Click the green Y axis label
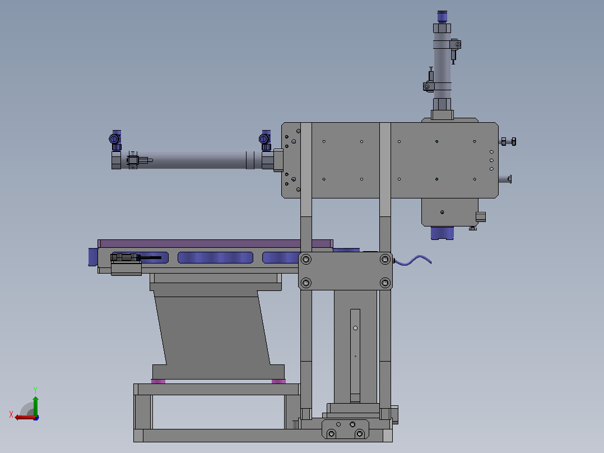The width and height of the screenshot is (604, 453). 35,390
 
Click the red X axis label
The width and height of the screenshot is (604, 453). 11,414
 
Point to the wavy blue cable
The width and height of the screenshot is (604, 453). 412,261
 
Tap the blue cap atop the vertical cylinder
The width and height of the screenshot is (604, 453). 442,17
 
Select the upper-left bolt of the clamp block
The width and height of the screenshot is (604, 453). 306,259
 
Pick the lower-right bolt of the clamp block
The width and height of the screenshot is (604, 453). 385,283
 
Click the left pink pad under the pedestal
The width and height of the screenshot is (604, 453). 158,381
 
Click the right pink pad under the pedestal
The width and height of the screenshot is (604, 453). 278,381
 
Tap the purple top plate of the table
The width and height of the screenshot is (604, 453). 215,243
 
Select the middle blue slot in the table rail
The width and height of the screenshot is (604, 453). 215,257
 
